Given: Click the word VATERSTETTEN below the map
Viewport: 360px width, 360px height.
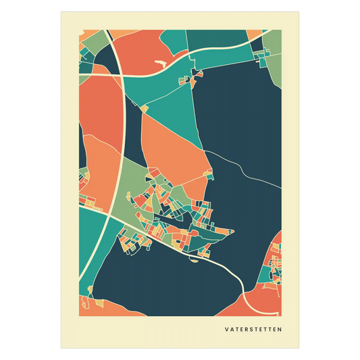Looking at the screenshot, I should (x=253, y=330).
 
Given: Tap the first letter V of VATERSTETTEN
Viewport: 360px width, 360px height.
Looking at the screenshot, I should (x=227, y=330).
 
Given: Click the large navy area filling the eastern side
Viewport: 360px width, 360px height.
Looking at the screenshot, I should (x=243, y=122).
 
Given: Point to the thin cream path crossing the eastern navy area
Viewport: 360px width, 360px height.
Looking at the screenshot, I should (x=243, y=169).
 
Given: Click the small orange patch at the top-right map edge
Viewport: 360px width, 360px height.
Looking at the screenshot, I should (x=255, y=35).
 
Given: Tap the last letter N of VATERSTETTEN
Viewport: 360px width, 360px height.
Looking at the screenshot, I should (x=280, y=330).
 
